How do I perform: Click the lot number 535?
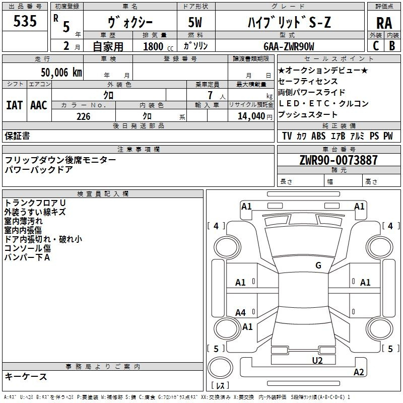[x=25, y=22]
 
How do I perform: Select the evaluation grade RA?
[x=384, y=23]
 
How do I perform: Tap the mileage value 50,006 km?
[x=58, y=73]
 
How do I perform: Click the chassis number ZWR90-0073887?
[x=338, y=160]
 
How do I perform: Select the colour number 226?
[x=84, y=116]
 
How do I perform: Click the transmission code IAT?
[x=14, y=105]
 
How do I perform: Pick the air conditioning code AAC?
[x=39, y=105]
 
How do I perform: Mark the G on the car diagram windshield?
[x=318, y=265]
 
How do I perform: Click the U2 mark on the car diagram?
[x=317, y=360]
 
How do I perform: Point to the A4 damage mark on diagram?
[x=241, y=313]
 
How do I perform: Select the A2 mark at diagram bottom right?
[x=359, y=372]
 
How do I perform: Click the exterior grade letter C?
[x=376, y=46]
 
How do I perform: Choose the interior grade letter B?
[x=392, y=46]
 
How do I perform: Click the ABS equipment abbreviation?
[x=318, y=136]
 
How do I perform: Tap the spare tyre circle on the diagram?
[x=221, y=369]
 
